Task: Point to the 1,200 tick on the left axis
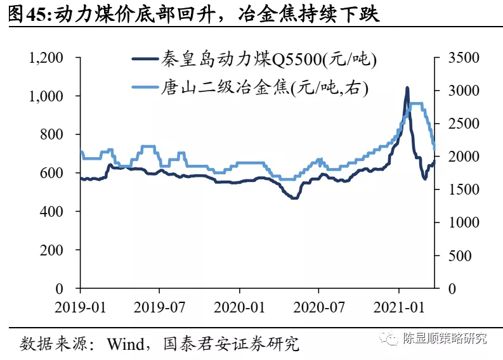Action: pos(46,58)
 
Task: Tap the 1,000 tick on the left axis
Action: pos(46,96)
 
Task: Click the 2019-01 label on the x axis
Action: pos(81,306)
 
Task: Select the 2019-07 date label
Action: pos(160,306)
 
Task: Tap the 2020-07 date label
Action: pos(319,306)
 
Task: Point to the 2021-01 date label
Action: pos(399,306)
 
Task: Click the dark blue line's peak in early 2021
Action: pos(407,88)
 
